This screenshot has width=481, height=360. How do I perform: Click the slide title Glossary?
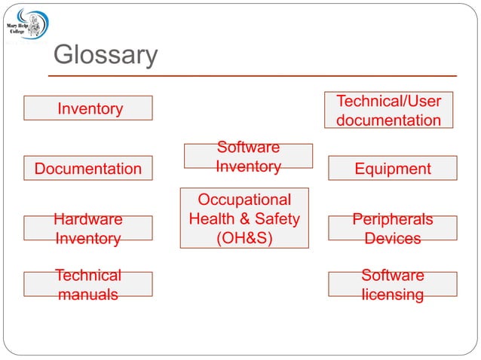tap(106, 56)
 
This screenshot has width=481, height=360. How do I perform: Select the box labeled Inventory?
tap(88, 108)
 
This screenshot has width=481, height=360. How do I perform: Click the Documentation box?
tap(88, 169)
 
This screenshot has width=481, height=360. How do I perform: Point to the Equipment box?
tap(393, 169)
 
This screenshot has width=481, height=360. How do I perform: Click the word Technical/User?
tap(388, 101)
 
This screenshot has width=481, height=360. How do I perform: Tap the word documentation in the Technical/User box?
tap(388, 121)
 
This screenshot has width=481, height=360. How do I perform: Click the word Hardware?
tap(88, 219)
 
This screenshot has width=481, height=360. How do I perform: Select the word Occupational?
tap(244, 200)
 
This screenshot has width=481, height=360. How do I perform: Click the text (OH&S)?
tap(244, 238)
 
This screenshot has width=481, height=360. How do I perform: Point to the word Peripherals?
tap(393, 219)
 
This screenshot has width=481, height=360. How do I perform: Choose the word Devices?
tap(393, 238)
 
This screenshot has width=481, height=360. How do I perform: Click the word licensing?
tap(393, 294)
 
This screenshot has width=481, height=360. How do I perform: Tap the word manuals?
tap(88, 294)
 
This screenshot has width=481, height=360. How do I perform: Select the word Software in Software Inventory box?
tap(248, 147)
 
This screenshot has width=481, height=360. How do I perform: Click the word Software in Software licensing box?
tap(393, 276)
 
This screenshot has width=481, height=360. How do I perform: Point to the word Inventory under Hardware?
tap(88, 238)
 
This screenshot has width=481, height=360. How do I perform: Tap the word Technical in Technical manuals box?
tap(88, 276)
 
